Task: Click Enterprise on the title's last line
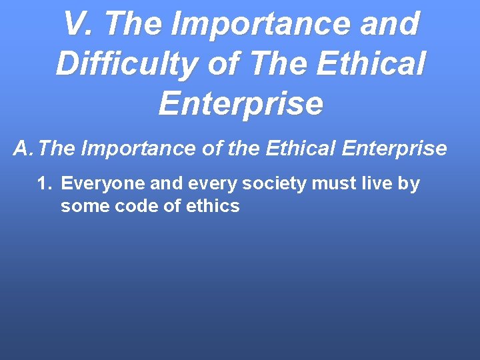click(x=241, y=104)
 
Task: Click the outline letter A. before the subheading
click(x=23, y=148)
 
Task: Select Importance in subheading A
click(x=138, y=148)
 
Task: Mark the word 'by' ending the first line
click(x=410, y=183)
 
